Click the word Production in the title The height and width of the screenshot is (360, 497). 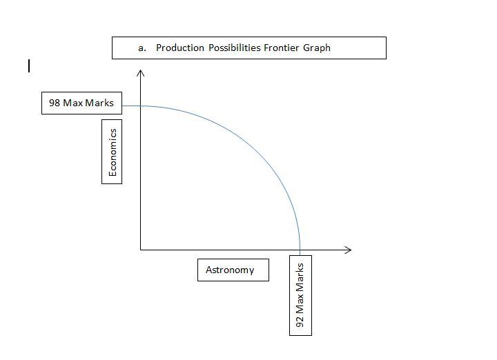[181, 48]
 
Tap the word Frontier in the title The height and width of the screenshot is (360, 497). [282, 48]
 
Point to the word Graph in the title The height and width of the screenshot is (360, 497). [317, 48]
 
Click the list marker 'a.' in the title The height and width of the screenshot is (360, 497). [142, 48]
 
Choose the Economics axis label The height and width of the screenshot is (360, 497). [113, 152]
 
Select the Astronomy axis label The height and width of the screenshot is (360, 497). [230, 270]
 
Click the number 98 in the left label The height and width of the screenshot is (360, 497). [55, 103]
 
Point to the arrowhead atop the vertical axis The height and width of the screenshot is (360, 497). [141, 72]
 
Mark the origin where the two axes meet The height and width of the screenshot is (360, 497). [141, 249]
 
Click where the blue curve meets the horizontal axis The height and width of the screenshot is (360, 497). [300, 249]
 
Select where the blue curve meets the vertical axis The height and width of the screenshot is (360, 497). [141, 106]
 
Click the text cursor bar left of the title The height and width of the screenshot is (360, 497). [29, 66]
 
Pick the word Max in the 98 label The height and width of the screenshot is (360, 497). [73, 103]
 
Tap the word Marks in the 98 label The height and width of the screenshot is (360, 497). [99, 103]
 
